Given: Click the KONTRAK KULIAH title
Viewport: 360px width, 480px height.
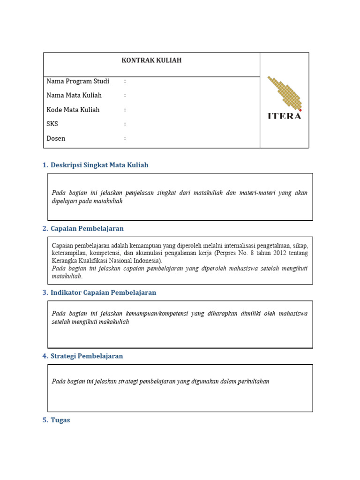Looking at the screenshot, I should [151, 60].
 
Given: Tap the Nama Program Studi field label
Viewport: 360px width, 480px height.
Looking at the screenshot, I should [78, 81].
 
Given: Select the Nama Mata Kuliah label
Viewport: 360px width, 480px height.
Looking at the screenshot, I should [74, 95].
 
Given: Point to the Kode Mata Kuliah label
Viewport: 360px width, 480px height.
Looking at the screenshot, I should [73, 110].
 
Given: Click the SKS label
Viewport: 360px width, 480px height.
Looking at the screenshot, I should [52, 124].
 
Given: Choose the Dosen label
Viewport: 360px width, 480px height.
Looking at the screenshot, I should [56, 138].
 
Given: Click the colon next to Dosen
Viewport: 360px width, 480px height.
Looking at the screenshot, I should [125, 139].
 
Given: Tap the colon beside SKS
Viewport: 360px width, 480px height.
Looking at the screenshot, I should [125, 124].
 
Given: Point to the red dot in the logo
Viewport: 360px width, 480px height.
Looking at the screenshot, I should [300, 110].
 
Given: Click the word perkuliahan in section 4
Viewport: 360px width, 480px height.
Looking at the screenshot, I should [252, 381].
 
